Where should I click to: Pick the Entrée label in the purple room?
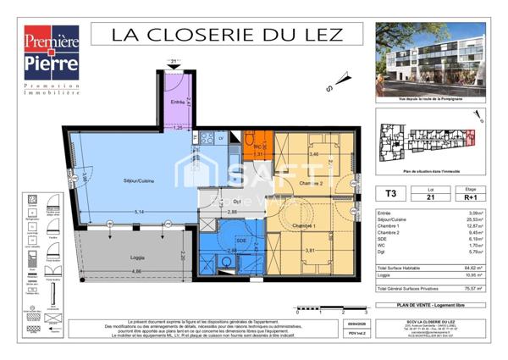176,102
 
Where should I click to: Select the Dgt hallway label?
238,201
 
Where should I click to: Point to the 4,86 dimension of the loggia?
113,271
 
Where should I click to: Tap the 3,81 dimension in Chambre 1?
311,250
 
